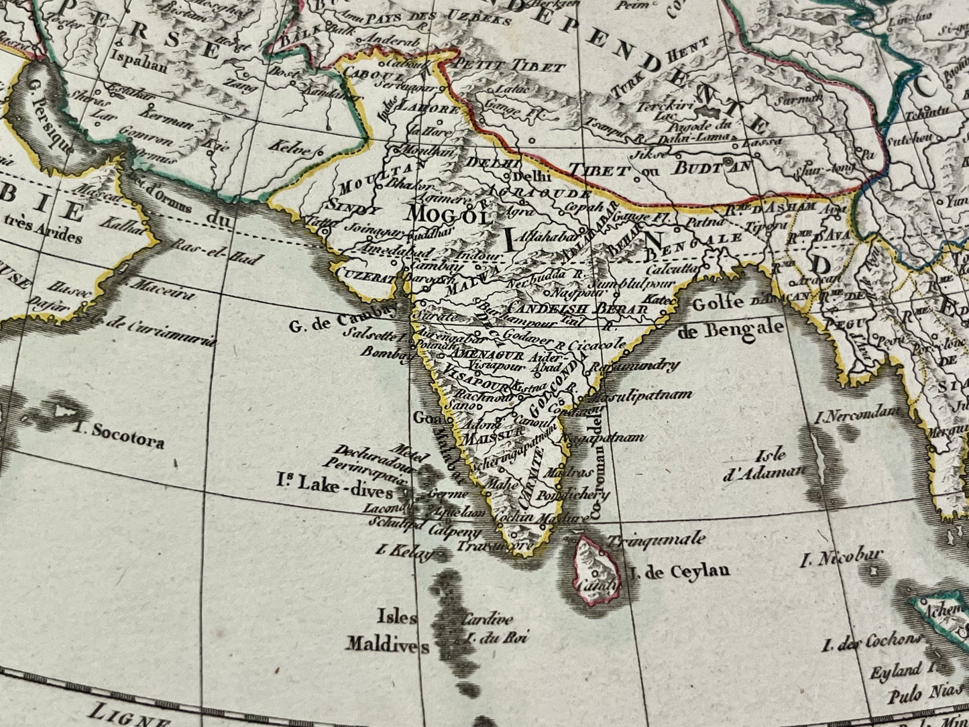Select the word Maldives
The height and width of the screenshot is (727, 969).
coord(388,645)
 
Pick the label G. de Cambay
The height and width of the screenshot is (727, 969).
coord(339,327)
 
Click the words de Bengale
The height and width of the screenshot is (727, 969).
coord(731,329)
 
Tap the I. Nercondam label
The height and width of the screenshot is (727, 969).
coord(856,416)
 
